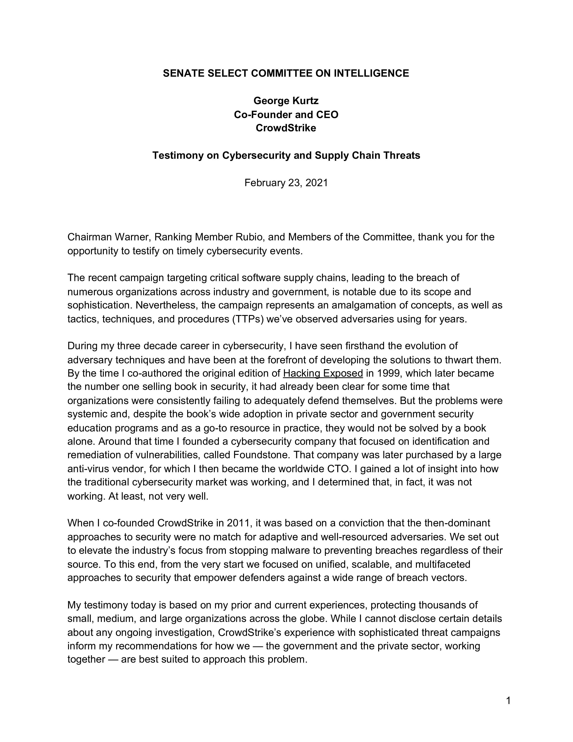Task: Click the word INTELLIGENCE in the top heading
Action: point(371,73)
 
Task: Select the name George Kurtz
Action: point(286,101)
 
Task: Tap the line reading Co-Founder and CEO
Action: point(286,114)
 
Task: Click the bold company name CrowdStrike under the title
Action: point(286,128)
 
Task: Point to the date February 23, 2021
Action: point(286,183)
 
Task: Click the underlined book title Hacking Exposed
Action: point(323,373)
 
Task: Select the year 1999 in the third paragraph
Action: point(388,373)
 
